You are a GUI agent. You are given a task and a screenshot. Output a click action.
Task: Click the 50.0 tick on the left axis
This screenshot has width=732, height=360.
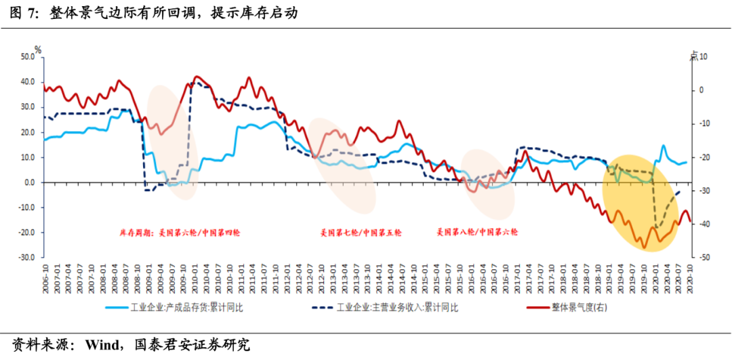(x=26, y=57)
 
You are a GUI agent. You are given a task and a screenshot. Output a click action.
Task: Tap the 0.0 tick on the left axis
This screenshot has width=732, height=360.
(x=29, y=182)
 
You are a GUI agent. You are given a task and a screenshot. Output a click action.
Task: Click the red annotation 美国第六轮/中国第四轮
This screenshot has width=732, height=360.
(x=180, y=233)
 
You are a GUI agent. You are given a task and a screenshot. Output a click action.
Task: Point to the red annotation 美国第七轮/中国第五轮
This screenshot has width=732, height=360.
(x=361, y=233)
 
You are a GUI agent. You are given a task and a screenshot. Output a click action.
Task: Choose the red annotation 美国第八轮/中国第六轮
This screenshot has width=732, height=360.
(x=477, y=233)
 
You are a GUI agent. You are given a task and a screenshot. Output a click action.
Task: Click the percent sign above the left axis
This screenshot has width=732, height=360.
(x=38, y=49)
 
